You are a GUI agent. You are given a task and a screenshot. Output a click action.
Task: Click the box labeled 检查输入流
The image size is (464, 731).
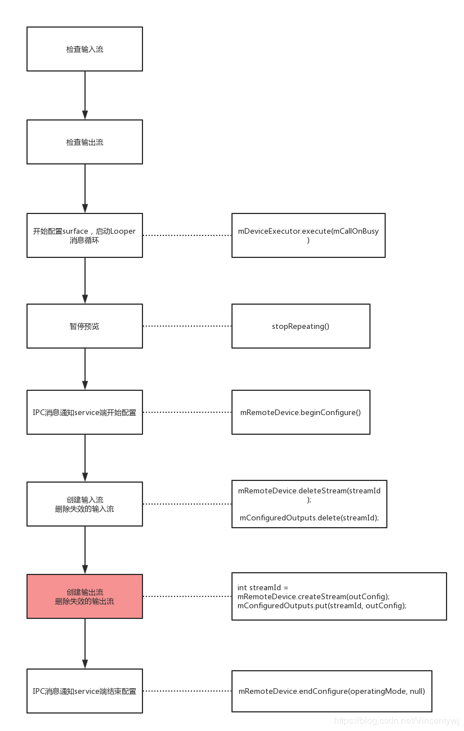(x=84, y=49)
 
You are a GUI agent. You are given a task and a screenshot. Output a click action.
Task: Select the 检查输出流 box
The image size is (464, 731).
(x=84, y=142)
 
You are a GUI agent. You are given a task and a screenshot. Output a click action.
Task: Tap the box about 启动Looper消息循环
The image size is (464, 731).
(x=84, y=235)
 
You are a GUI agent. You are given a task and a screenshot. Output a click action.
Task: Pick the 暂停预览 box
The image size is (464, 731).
(x=84, y=326)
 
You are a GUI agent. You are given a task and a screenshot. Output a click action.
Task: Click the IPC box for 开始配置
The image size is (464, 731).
(x=84, y=412)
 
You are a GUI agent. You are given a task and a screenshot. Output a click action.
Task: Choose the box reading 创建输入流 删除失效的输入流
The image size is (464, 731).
(x=84, y=504)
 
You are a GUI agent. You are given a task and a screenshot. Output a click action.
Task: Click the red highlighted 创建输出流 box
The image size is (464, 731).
(x=84, y=596)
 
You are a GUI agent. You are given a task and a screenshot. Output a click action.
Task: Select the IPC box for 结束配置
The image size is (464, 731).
(x=84, y=691)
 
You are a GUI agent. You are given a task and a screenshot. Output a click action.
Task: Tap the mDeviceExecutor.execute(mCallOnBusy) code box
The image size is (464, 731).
(x=308, y=235)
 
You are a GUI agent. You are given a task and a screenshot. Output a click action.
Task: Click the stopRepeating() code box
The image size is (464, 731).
(x=301, y=326)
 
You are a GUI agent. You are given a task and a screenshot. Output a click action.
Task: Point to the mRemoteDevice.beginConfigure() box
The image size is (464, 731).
(x=301, y=412)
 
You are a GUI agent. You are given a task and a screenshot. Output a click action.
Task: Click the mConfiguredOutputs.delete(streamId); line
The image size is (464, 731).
(x=309, y=517)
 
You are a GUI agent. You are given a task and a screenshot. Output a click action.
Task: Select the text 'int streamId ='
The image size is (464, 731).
(x=263, y=588)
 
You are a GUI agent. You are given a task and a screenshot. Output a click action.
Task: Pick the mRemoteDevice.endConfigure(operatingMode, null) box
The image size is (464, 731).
(x=332, y=691)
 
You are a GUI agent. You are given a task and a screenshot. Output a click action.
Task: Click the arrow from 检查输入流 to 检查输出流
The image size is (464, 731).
(x=85, y=95)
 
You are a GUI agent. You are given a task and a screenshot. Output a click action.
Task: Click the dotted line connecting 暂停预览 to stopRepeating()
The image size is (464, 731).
(x=187, y=326)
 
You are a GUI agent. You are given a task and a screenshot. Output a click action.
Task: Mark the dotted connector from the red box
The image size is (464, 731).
(x=187, y=596)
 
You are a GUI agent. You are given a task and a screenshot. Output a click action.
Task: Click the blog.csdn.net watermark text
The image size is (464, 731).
(x=396, y=721)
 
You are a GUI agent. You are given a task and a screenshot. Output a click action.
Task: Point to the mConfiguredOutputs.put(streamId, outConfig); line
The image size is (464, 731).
(x=322, y=605)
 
